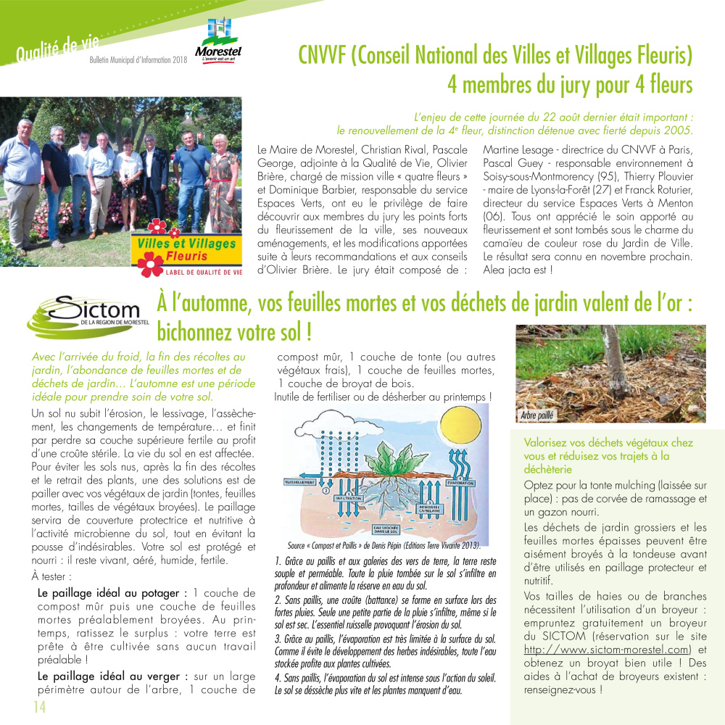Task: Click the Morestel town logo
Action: coord(217,40)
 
